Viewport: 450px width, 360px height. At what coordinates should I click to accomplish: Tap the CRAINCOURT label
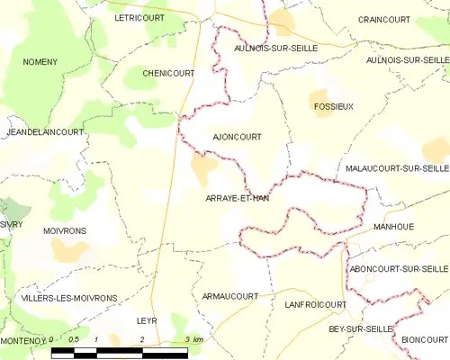click(x=382, y=19)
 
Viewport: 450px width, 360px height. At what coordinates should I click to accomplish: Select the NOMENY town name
click(x=40, y=61)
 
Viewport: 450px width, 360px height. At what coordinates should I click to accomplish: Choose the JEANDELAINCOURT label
click(x=44, y=131)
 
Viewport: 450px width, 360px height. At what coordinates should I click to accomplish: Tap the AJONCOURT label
click(x=237, y=137)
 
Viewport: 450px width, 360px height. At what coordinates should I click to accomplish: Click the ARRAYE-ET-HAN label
click(x=237, y=197)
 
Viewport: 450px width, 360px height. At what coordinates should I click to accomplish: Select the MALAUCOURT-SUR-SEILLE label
click(x=396, y=168)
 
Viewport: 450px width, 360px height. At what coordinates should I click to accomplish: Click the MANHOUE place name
click(x=393, y=227)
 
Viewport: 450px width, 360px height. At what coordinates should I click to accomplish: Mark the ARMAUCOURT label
click(x=229, y=295)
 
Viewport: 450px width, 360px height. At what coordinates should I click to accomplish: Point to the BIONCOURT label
click(x=424, y=338)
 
